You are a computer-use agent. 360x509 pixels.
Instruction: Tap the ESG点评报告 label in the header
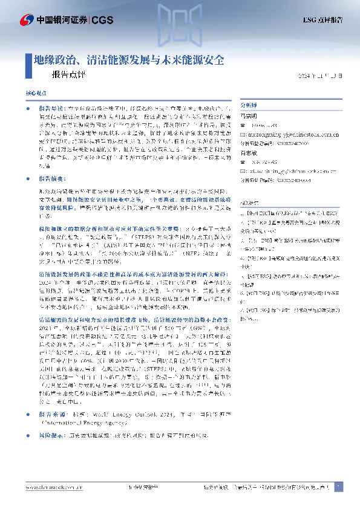pos(322,20)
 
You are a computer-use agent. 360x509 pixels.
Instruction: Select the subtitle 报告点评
pos(65,76)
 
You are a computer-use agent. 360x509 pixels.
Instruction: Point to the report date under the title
pos(324,76)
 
